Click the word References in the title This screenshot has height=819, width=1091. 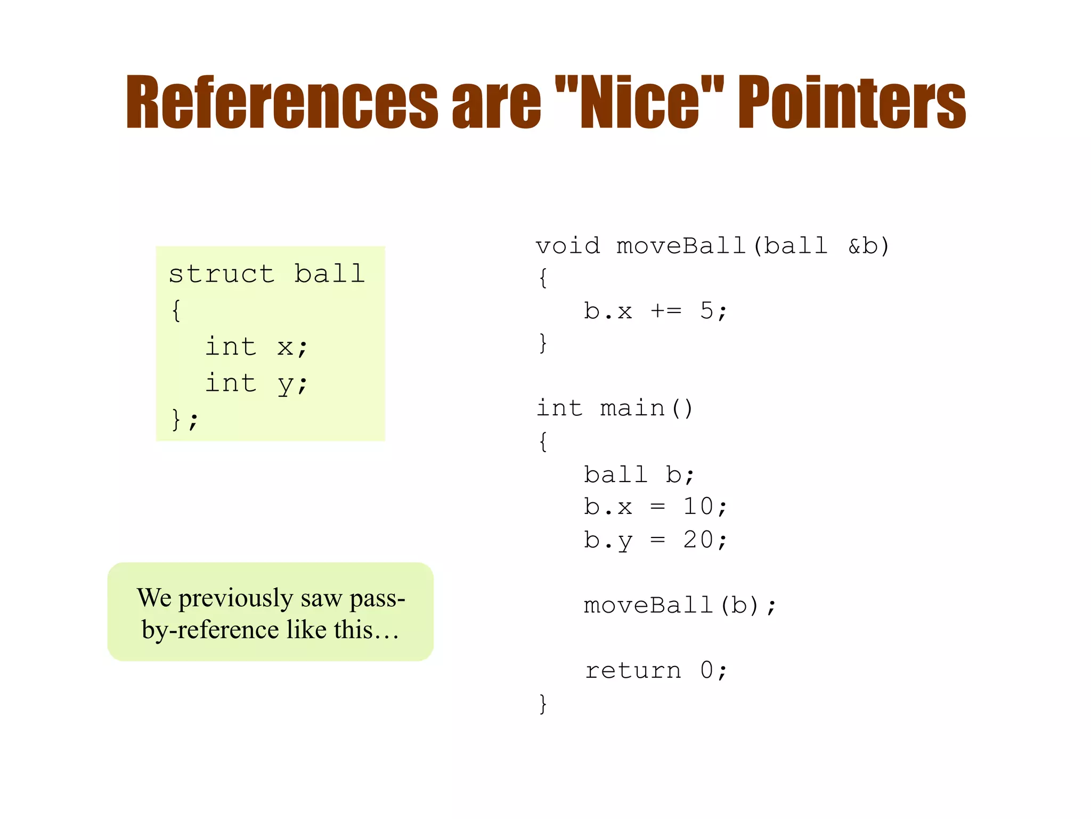(281, 102)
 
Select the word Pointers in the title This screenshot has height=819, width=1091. (851, 102)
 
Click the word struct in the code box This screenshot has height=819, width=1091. (221, 274)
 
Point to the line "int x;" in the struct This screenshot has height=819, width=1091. (256, 347)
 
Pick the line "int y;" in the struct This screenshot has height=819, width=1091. (256, 383)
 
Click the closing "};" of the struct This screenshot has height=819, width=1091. (184, 419)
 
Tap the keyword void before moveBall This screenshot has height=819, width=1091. (567, 246)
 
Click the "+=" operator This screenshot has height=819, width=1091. (666, 310)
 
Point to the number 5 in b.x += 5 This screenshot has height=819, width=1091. (706, 310)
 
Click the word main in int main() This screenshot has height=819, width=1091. (632, 408)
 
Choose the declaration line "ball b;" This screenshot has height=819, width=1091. (639, 475)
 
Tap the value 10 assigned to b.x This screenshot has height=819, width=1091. (698, 507)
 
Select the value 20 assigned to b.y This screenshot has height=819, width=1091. (698, 540)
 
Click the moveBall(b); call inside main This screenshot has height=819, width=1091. (680, 605)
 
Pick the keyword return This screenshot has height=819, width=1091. (633, 670)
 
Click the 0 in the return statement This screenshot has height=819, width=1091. (706, 670)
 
